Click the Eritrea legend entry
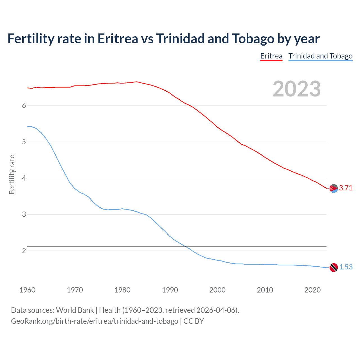pyautogui.click(x=271, y=56)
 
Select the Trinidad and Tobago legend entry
pyautogui.click(x=320, y=56)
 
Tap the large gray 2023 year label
pyautogui.click(x=296, y=89)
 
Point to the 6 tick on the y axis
pyautogui.click(x=24, y=105)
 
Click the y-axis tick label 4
pyautogui.click(x=24, y=178)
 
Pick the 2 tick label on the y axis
pyautogui.click(x=24, y=251)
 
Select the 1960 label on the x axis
pyautogui.click(x=27, y=290)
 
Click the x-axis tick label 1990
pyautogui.click(x=170, y=290)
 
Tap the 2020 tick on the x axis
pyautogui.click(x=312, y=290)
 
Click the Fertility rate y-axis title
pyautogui.click(x=12, y=174)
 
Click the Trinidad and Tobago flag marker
pyautogui.click(x=334, y=267)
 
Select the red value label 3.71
pyautogui.click(x=346, y=188)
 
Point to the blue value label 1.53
pyautogui.click(x=346, y=267)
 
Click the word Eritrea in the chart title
pyautogui.click(x=118, y=39)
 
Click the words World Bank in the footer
pyautogui.click(x=75, y=310)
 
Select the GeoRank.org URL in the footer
pyautogui.click(x=94, y=321)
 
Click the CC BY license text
pyautogui.click(x=193, y=321)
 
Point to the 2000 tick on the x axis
pyautogui.click(x=217, y=290)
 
